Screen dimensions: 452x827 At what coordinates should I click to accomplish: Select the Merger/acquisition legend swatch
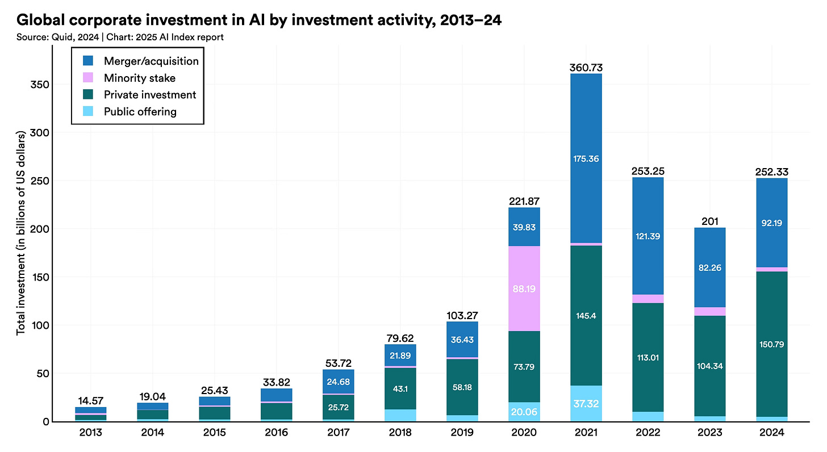[x=87, y=61]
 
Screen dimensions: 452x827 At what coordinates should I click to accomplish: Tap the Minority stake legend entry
[x=139, y=78]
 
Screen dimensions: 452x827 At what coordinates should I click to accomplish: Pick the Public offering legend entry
[x=140, y=111]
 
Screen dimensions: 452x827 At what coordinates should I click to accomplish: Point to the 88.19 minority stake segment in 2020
[x=524, y=288]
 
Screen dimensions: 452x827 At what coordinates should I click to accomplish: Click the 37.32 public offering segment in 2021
[x=584, y=403]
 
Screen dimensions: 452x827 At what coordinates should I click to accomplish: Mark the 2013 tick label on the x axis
[x=91, y=433]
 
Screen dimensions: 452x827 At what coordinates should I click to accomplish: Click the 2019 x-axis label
[x=462, y=433]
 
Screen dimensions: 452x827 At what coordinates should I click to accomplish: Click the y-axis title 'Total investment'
[x=22, y=234]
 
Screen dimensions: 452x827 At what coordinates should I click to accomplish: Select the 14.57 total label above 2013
[x=91, y=400]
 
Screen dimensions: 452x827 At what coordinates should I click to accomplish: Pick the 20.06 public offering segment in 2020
[x=524, y=412]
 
